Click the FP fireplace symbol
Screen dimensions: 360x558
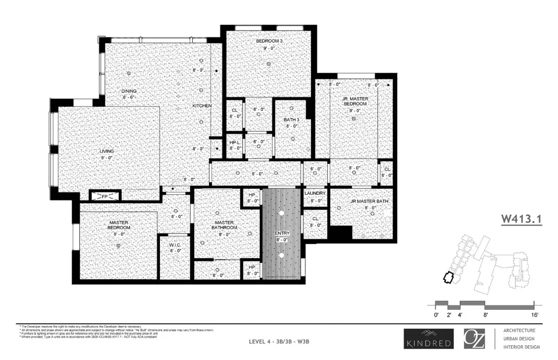[104, 196]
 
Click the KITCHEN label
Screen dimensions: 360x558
[201, 105]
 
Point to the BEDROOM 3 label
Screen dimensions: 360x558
[269, 41]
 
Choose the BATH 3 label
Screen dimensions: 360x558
[292, 120]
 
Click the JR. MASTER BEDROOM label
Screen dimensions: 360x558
[355, 101]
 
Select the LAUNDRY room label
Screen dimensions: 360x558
[315, 193]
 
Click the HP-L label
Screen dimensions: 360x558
[235, 142]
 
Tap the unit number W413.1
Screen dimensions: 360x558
[521, 219]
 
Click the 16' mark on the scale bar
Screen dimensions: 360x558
[535, 315]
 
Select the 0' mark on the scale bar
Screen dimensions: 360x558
[436, 315]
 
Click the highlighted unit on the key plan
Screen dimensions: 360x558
[449, 277]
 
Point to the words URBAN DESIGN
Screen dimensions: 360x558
[519, 339]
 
